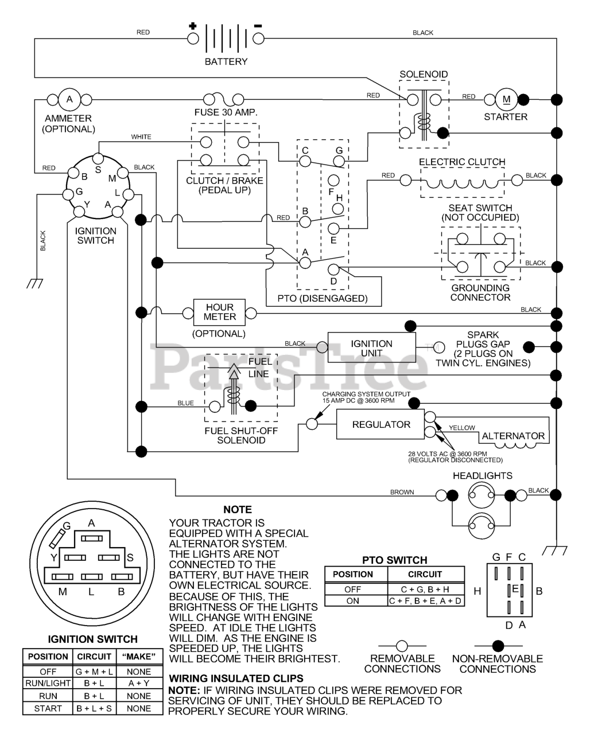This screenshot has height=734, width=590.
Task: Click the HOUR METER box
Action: pos(220,313)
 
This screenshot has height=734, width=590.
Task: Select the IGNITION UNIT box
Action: pos(371,348)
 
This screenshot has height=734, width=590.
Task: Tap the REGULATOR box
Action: pos(381,425)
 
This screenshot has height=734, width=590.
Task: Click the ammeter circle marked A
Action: pos(69,99)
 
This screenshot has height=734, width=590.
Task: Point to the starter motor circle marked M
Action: pos(506,99)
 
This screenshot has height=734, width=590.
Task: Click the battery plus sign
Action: pos(193,26)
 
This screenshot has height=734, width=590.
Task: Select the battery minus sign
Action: pos(258,26)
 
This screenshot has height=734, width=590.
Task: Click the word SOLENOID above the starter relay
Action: pos(424,75)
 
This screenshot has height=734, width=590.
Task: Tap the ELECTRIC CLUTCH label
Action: pos(462,162)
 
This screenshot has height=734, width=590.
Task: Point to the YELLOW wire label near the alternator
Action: pos(462,428)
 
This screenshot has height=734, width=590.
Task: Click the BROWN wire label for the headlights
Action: pos(402,492)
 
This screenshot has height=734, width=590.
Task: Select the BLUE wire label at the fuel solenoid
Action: pos(185,403)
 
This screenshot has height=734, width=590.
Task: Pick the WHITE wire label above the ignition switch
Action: pos(141,137)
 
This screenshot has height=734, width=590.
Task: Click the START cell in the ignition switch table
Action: pos(48,708)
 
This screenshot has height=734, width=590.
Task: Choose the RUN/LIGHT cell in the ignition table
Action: pos(48,684)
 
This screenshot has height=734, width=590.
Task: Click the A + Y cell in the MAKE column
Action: pos(139,684)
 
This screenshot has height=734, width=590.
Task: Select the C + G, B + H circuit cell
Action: pos(425,589)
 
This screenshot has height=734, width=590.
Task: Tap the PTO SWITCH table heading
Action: pos(395,560)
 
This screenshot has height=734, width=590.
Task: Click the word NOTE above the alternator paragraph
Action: pos(238,510)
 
